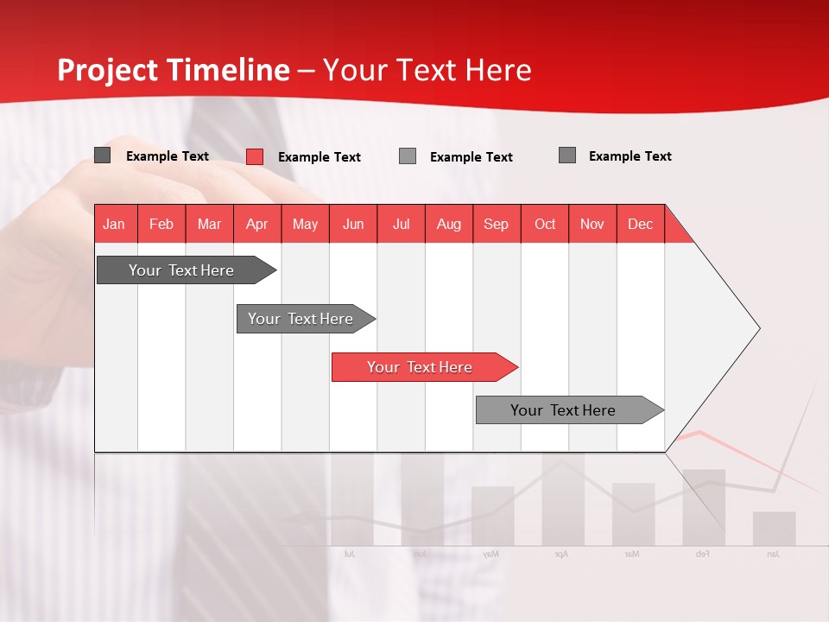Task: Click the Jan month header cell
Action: click(115, 224)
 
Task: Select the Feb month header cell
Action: click(161, 224)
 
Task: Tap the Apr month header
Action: click(257, 224)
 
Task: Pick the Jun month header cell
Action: click(353, 224)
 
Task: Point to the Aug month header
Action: click(449, 224)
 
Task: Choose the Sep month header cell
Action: click(497, 224)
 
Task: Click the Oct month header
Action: click(545, 224)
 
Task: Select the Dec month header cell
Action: click(641, 224)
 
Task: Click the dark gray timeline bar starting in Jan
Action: click(181, 270)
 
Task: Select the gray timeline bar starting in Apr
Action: click(301, 319)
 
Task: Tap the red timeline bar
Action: click(420, 367)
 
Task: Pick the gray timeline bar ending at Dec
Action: click(563, 410)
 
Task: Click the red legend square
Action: click(255, 156)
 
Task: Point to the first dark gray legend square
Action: click(103, 155)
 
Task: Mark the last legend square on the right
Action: click(567, 155)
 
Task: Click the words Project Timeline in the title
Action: click(173, 70)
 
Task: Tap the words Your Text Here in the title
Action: click(427, 70)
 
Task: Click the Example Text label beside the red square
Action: click(320, 157)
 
